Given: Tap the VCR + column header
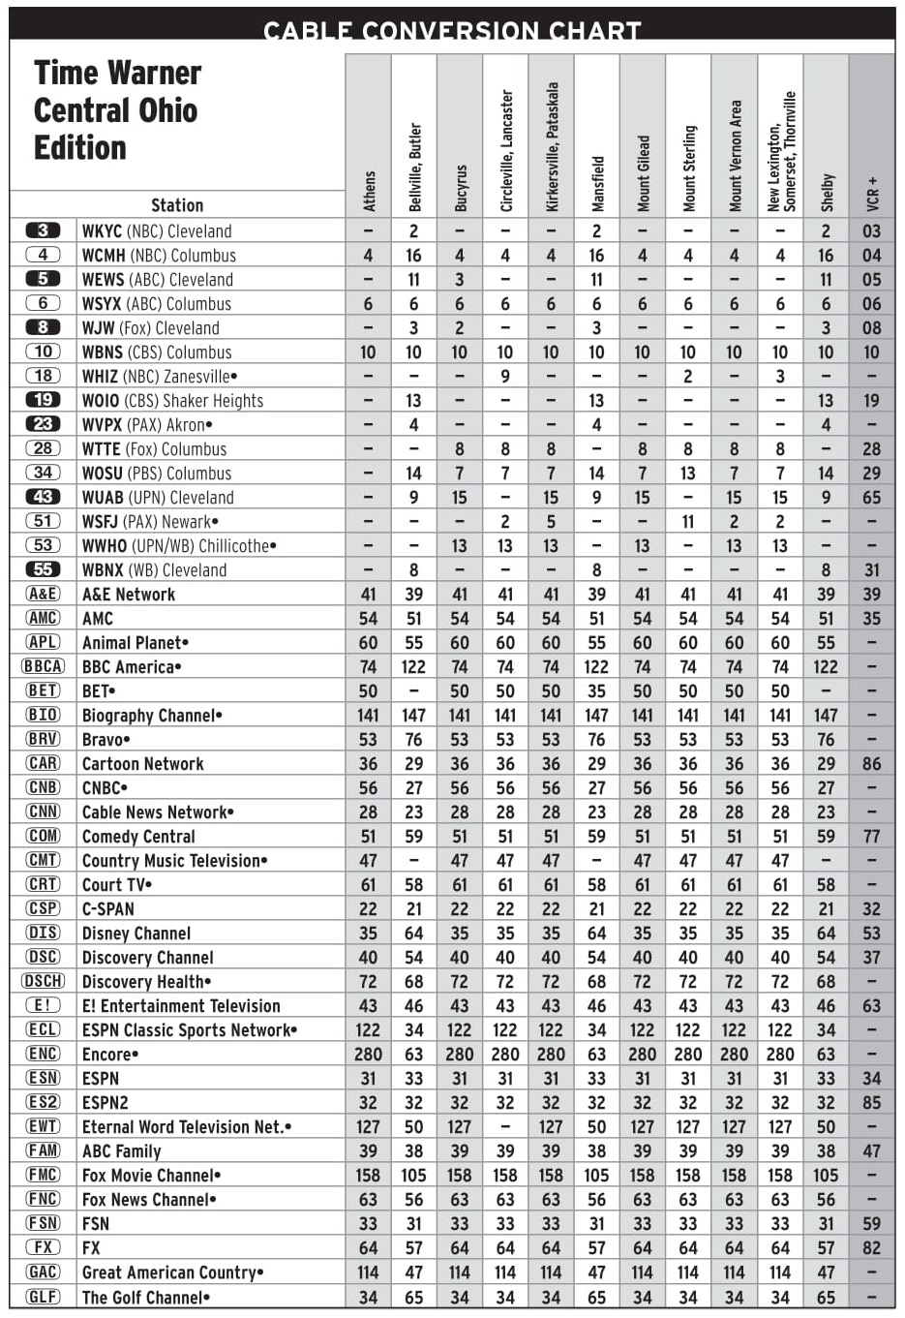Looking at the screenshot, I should pyautogui.click(x=872, y=193).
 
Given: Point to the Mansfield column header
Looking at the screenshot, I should pyautogui.click(x=597, y=183).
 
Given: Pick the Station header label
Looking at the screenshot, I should pyautogui.click(x=177, y=204).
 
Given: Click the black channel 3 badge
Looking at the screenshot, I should pyautogui.click(x=43, y=230).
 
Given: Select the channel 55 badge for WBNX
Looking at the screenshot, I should pyautogui.click(x=43, y=569).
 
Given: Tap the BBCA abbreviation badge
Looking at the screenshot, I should pyautogui.click(x=43, y=666).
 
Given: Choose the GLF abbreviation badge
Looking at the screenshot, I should pyautogui.click(x=43, y=1297).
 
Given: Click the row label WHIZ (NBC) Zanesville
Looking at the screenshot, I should pyautogui.click(x=159, y=376).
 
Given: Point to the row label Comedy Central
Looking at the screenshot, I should pyautogui.click(x=138, y=836).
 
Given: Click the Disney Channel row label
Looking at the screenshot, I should pyautogui.click(x=136, y=933).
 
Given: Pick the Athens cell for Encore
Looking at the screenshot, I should pyautogui.click(x=368, y=1054).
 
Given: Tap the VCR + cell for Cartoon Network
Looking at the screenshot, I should pyautogui.click(x=872, y=763).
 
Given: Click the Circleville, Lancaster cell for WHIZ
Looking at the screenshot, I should pyautogui.click(x=505, y=376).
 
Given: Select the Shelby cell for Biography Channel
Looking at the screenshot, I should pyautogui.click(x=826, y=715).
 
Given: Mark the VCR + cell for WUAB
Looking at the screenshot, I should pyautogui.click(x=872, y=497).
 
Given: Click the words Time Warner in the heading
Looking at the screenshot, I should pyautogui.click(x=117, y=73).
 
